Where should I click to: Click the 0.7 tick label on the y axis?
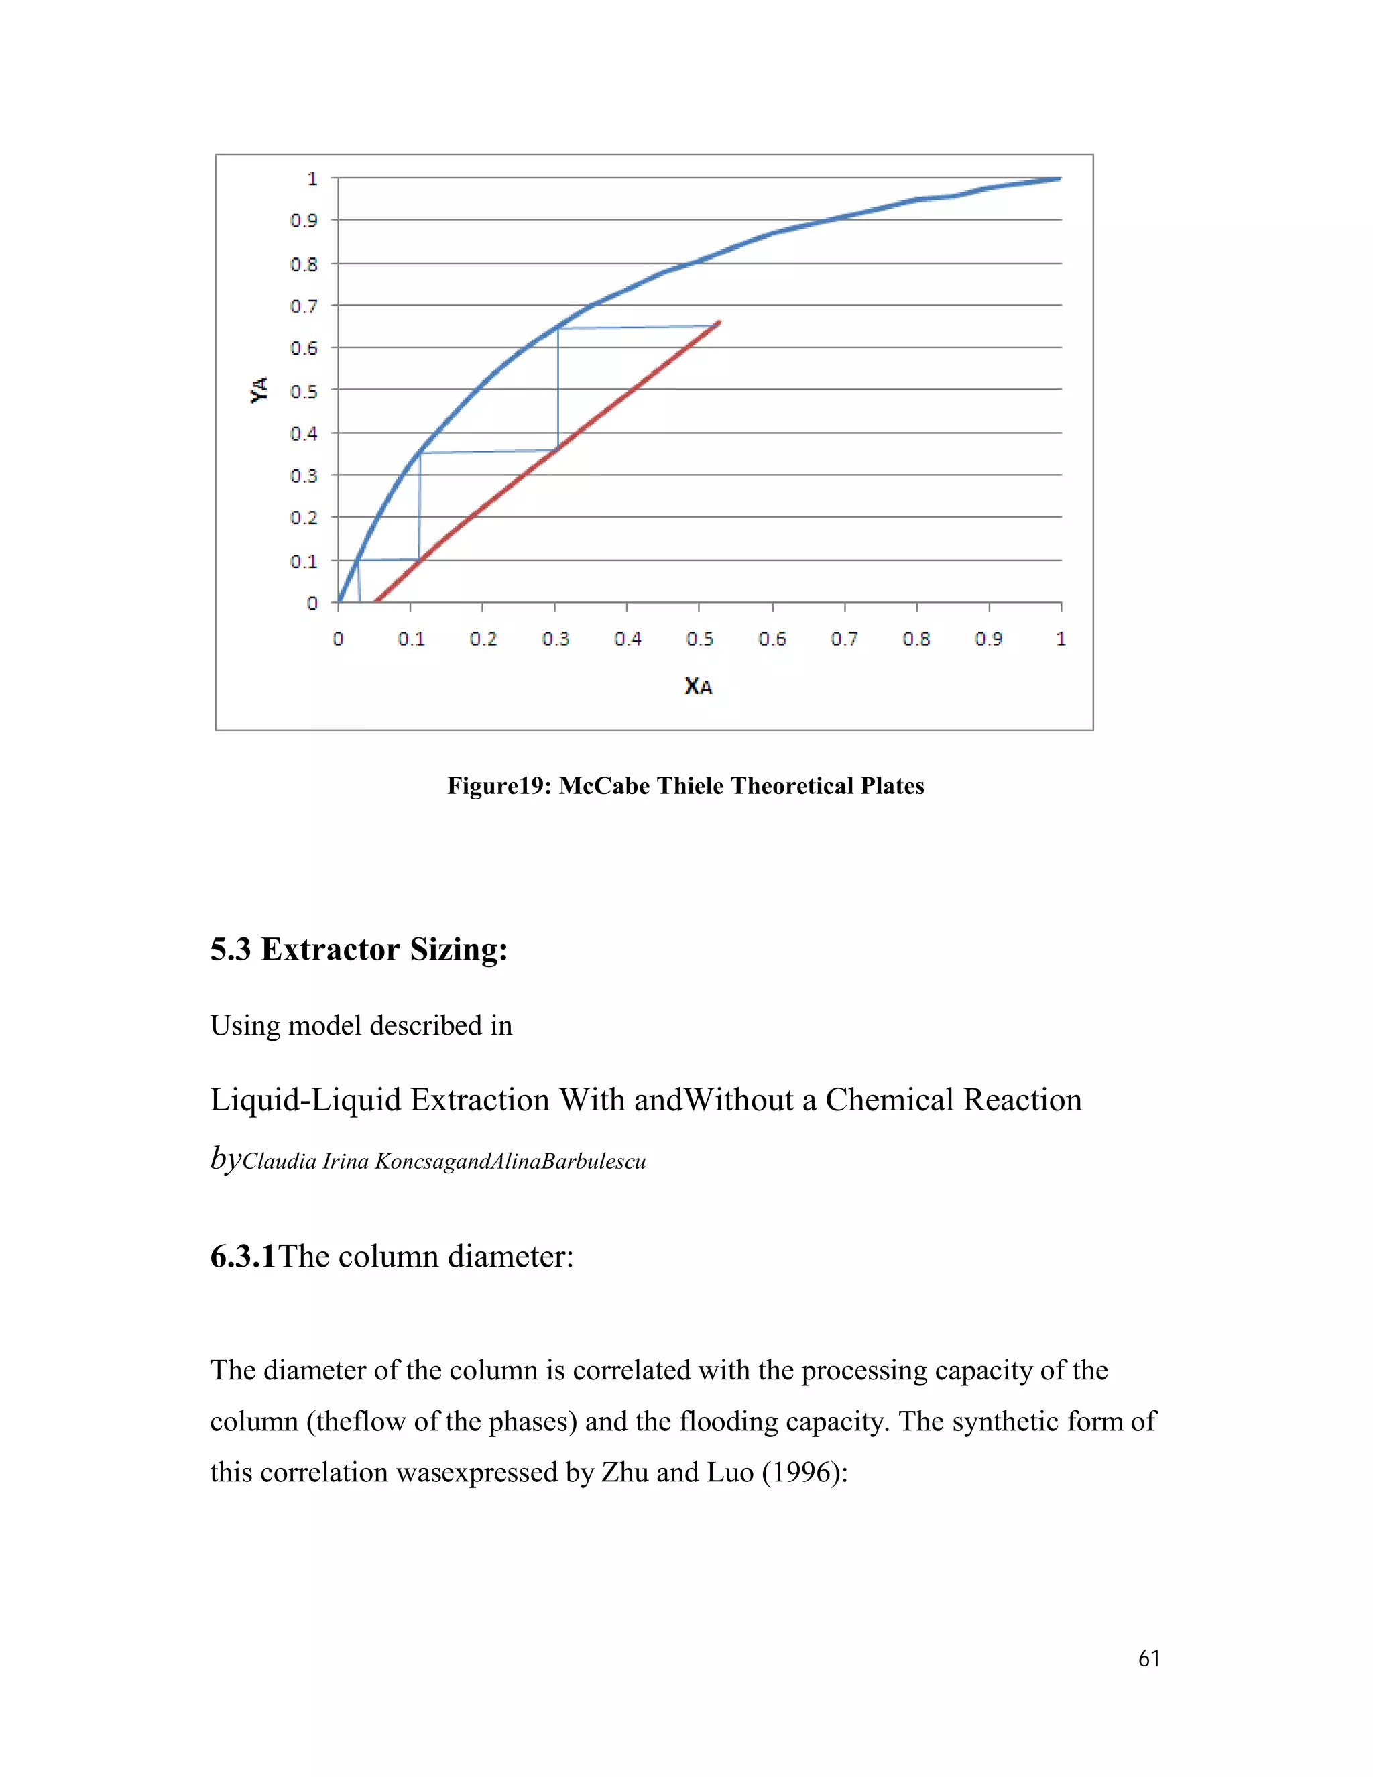click(304, 306)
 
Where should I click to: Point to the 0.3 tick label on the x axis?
click(556, 638)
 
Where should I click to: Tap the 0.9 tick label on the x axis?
click(988, 638)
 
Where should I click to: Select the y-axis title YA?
click(259, 390)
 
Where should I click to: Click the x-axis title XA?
click(698, 686)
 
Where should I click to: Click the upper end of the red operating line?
click(720, 322)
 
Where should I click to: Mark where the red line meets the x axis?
click(374, 603)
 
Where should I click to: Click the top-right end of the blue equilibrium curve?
click(1059, 178)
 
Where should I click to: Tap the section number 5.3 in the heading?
click(230, 950)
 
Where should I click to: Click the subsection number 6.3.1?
click(243, 1257)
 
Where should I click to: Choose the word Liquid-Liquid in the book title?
click(305, 1100)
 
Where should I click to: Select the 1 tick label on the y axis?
click(312, 178)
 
